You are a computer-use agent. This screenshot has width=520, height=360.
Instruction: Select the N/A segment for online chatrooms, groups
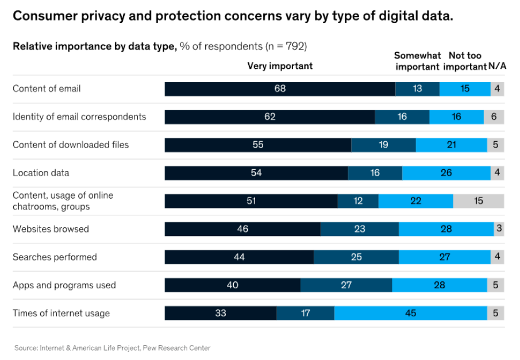[x=478, y=201]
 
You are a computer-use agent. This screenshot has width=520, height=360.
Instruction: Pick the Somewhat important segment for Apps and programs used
[x=346, y=285]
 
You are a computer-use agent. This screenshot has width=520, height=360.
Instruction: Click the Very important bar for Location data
[x=256, y=173]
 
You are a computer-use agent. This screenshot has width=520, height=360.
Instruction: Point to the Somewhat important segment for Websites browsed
[x=360, y=229]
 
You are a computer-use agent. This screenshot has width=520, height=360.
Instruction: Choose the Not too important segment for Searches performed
[x=445, y=257]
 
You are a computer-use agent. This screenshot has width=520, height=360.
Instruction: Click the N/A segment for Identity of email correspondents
[x=494, y=117]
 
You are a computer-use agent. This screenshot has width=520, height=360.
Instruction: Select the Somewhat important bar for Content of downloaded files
[x=383, y=145]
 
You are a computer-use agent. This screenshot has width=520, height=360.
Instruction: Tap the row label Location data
[x=41, y=173]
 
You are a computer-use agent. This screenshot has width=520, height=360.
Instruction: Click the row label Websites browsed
[x=51, y=229]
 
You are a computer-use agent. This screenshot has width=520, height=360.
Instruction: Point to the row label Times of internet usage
[x=61, y=313]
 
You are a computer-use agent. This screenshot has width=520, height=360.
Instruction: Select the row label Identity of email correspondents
[x=79, y=117]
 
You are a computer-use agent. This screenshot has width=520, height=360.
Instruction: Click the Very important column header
[x=280, y=66]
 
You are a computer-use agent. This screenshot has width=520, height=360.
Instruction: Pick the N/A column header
[x=497, y=66]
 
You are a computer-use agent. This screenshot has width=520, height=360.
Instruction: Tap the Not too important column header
[x=465, y=61]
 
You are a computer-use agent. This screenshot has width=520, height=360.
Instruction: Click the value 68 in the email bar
[x=280, y=89]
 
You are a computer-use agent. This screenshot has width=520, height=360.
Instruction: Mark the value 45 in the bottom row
[x=411, y=313]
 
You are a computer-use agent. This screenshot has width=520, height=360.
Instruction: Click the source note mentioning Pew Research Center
[x=113, y=348]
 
